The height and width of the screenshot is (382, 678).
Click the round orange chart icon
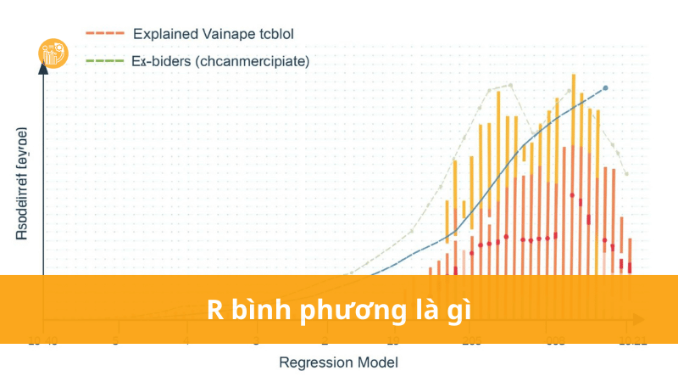coord(53,53)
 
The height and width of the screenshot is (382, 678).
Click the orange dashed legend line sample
coord(105,33)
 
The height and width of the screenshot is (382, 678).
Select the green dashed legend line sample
coord(105,61)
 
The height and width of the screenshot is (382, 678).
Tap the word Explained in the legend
coord(164,34)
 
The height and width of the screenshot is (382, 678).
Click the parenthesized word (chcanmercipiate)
coord(253,61)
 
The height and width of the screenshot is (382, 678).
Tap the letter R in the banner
coord(214,310)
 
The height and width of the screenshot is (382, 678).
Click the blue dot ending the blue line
coord(604,88)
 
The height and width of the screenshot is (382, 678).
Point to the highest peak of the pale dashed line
coord(510,85)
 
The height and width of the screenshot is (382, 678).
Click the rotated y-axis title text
coord(21,184)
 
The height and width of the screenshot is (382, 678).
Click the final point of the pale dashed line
coord(626,173)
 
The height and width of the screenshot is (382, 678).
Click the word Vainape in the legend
coord(225,34)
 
